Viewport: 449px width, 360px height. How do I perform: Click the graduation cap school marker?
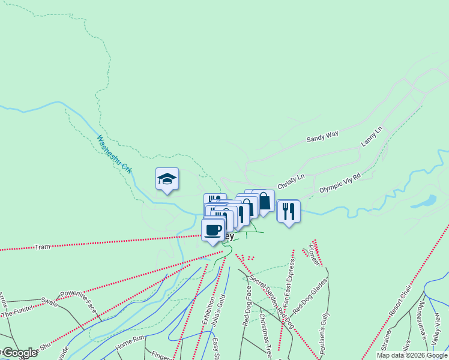point(167,179)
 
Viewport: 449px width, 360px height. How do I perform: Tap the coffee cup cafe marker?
point(213,230)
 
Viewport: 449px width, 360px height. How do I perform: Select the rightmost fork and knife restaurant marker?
point(289,211)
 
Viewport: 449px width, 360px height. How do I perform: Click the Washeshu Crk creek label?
point(114,154)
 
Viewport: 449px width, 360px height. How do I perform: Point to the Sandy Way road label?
point(323,137)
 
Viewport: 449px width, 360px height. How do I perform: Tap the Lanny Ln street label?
point(372,137)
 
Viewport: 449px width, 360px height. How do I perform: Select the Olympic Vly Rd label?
point(340,182)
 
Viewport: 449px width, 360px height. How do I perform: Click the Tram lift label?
point(42,247)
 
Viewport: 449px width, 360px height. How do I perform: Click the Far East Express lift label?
point(289,284)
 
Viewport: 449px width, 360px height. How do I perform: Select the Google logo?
point(20,353)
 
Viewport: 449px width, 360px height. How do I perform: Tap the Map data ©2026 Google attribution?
point(412,355)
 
